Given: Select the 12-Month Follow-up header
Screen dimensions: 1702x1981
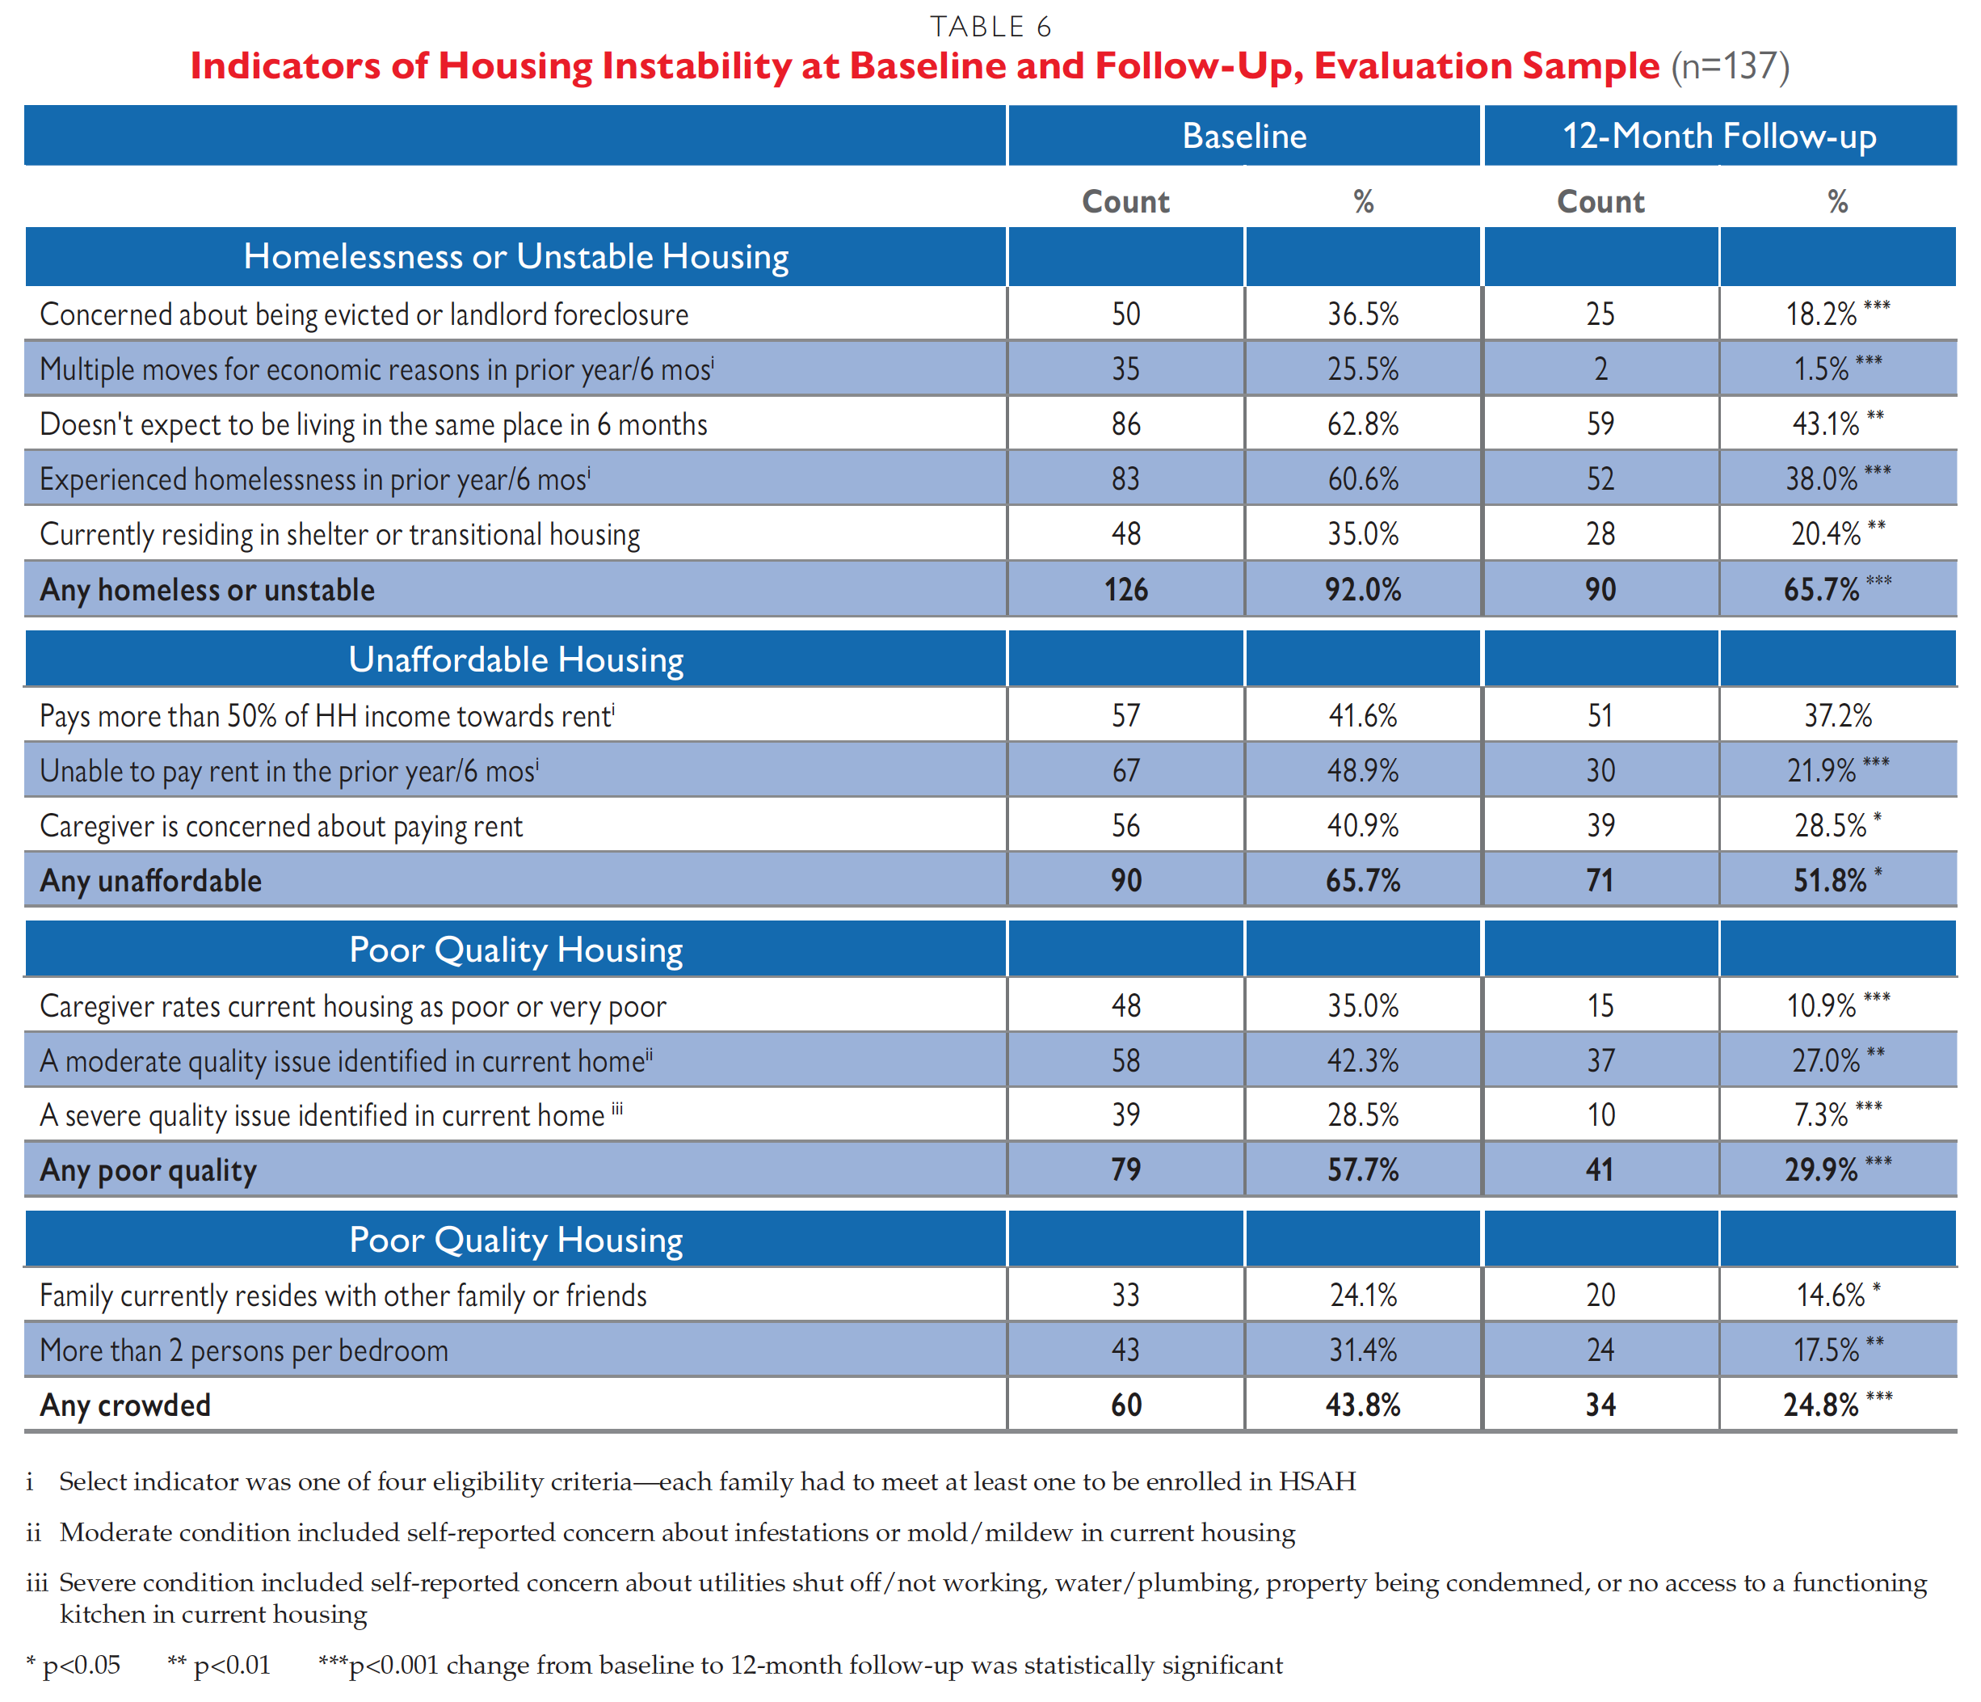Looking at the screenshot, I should (x=1718, y=136).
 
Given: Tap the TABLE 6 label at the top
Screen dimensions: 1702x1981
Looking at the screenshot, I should (x=990, y=27).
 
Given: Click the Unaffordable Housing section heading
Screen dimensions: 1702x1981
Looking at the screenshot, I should (x=515, y=659).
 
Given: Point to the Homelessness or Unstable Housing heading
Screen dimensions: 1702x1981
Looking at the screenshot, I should (x=515, y=256).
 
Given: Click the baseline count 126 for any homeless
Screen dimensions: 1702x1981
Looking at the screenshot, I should (x=1125, y=589).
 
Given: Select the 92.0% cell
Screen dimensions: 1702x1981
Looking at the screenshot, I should (x=1362, y=589).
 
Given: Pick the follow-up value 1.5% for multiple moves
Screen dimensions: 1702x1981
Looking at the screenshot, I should (x=1821, y=369).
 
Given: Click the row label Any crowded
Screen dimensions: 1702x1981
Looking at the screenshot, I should (x=125, y=1405).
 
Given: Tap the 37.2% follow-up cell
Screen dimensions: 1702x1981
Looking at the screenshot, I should (x=1836, y=715).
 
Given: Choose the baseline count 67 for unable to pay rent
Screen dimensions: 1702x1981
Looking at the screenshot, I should (x=1125, y=771).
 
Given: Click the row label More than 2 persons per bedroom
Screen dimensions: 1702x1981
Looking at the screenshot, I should (x=244, y=1350).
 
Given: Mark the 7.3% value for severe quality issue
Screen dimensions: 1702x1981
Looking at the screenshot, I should (x=1821, y=1115).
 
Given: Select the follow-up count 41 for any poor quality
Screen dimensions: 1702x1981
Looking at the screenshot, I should (x=1600, y=1169).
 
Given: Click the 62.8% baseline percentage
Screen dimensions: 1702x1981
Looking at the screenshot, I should (x=1362, y=423).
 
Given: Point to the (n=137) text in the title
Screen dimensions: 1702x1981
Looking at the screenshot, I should (x=1730, y=66).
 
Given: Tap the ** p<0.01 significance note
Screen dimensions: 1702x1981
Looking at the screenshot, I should (x=219, y=1665).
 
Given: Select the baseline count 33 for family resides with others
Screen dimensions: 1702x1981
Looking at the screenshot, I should (x=1125, y=1295).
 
